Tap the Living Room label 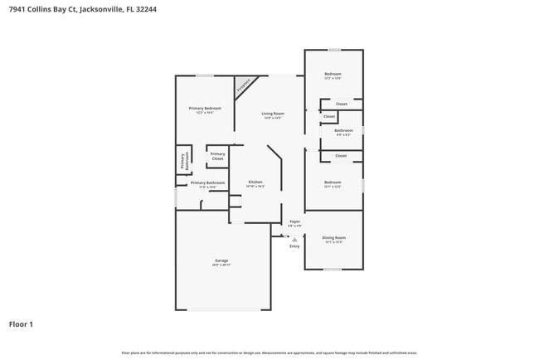click(273, 114)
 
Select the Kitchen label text click(256, 182)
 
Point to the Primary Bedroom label click(205, 109)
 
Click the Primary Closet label click(217, 155)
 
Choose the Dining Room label click(333, 238)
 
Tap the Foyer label click(294, 221)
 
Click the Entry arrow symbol click(294, 239)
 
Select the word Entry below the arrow click(294, 246)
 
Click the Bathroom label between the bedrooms click(343, 130)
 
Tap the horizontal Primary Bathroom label click(207, 183)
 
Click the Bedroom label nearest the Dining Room click(333, 182)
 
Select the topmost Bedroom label click(333, 75)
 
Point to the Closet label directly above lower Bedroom click(341, 155)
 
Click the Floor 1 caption click(21, 324)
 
